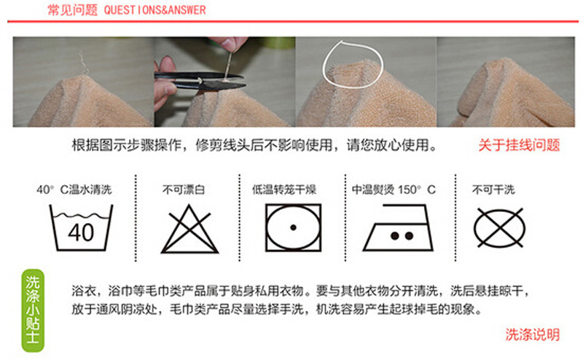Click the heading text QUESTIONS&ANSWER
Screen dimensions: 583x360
pyautogui.click(x=154, y=10)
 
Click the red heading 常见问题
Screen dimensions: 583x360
pyautogui.click(x=72, y=10)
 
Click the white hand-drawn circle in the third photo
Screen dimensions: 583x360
pyautogui.click(x=353, y=64)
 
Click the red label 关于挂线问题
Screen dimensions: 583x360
pyautogui.click(x=519, y=145)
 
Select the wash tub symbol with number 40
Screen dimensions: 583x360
pyautogui.click(x=81, y=227)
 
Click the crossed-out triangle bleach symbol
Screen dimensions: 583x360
pyautogui.click(x=189, y=229)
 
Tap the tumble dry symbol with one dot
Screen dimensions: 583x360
pyautogui.click(x=294, y=227)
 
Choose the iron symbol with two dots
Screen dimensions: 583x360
pyautogui.click(x=398, y=227)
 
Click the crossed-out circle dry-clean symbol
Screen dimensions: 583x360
pyautogui.click(x=500, y=228)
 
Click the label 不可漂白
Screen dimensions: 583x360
pyautogui.click(x=184, y=189)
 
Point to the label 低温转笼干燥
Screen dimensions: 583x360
pyautogui.click(x=284, y=189)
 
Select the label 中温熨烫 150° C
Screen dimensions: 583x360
pyautogui.click(x=394, y=189)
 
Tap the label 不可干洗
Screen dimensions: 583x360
pyautogui.click(x=493, y=189)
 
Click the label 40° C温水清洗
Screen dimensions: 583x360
pyautogui.click(x=74, y=189)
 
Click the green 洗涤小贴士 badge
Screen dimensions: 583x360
pyautogui.click(x=33, y=310)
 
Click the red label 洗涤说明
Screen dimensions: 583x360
pyautogui.click(x=533, y=334)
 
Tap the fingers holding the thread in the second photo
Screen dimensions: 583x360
pyautogui.click(x=227, y=44)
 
